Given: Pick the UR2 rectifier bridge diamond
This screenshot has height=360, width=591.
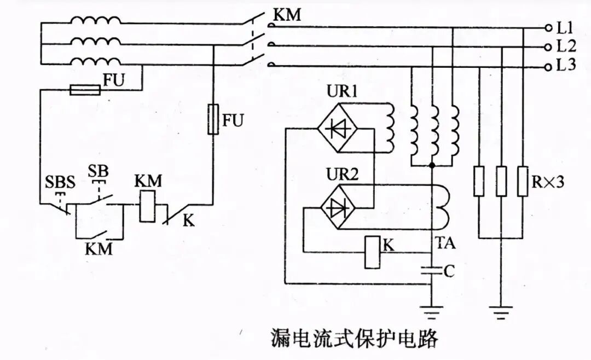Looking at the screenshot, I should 338,207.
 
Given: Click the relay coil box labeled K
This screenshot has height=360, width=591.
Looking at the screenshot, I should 373,252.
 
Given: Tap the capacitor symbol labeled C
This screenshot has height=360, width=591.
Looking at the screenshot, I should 432,270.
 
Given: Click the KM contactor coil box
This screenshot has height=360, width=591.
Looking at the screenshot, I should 148,206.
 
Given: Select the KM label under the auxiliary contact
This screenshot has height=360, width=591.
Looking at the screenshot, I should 99,249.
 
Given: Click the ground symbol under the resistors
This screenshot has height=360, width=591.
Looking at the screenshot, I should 501,313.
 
